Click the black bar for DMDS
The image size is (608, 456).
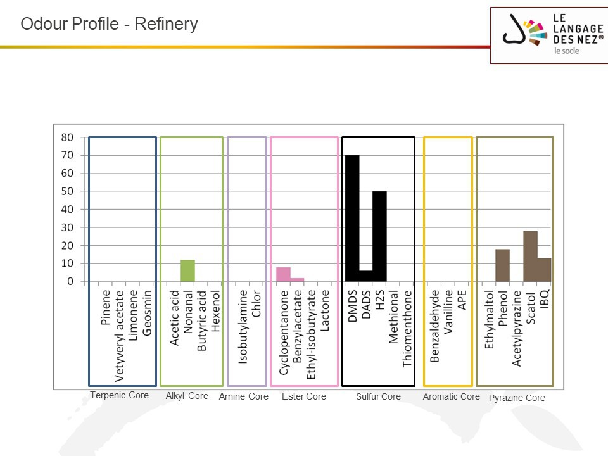point(352,218)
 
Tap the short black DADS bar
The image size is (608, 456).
point(365,275)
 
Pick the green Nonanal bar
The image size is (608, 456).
point(187,270)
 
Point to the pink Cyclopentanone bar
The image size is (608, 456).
point(283,274)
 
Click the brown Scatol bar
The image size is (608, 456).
point(530,256)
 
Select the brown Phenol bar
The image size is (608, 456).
point(502,265)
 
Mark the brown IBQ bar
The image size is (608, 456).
point(544,269)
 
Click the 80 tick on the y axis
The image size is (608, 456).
point(67,137)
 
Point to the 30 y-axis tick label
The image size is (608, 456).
point(67,227)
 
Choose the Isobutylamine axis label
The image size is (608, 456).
point(243,327)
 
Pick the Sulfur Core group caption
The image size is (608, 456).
point(378,396)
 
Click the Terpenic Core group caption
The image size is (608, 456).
point(119,395)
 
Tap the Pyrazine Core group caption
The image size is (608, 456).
point(517,398)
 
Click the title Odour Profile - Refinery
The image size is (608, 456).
point(109,24)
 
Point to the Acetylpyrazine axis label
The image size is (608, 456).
point(516,328)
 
